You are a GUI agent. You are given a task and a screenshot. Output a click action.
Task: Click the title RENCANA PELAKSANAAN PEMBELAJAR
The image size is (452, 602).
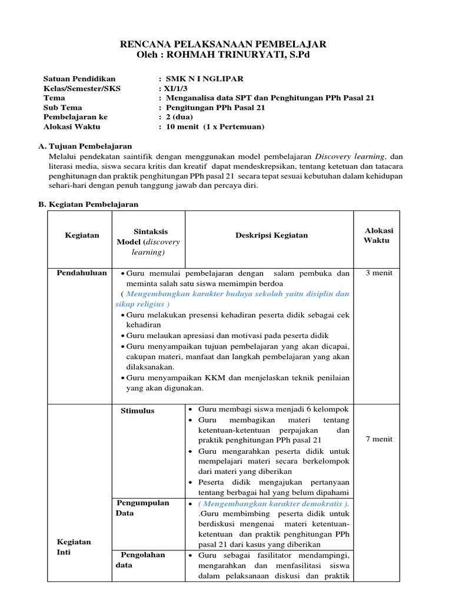pos(223,45)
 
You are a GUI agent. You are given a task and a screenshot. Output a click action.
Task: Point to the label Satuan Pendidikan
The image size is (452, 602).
pos(79,79)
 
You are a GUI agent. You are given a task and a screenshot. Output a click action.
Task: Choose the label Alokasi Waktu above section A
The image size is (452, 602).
pos(72,126)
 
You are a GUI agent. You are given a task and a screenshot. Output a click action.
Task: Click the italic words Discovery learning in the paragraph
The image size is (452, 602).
pos(350,156)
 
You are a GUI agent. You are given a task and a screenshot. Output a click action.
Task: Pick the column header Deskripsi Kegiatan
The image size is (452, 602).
pos(271,235)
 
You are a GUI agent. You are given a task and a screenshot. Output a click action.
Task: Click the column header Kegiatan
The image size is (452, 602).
pos(82,235)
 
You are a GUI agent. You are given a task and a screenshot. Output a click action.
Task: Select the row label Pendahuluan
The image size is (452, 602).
pos(82,273)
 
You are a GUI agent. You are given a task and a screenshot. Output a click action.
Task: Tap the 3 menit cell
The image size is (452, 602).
pos(379,273)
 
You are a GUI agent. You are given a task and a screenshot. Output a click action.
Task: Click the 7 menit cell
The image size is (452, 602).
pos(379,439)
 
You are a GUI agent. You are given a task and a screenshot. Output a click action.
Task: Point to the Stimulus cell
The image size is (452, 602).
pos(138,410)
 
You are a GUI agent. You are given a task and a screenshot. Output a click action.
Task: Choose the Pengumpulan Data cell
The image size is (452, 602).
pos(142,508)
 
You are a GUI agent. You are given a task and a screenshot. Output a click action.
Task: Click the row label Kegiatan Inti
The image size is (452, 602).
pos(74,547)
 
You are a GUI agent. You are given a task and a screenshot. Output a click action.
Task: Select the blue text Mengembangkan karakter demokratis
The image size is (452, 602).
pos(273,504)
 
